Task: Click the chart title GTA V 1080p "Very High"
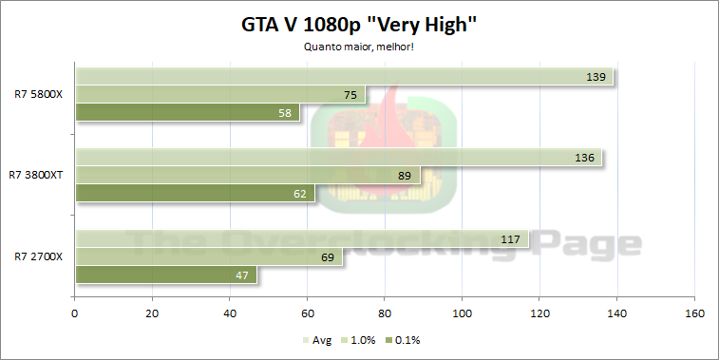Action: pyautogui.click(x=359, y=26)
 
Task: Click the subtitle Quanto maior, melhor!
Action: pyautogui.click(x=359, y=48)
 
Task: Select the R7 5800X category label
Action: pyautogui.click(x=38, y=94)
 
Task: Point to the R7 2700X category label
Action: pyautogui.click(x=38, y=256)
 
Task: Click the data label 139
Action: pyautogui.click(x=597, y=77)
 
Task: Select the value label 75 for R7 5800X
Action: pyautogui.click(x=350, y=95)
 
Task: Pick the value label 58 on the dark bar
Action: pyautogui.click(x=283, y=113)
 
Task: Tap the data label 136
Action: pyautogui.click(x=586, y=158)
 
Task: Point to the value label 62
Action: pyautogui.click(x=299, y=194)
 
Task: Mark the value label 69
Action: pyautogui.click(x=326, y=257)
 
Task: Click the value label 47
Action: pyautogui.click(x=240, y=275)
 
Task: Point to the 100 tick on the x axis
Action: pyautogui.click(x=462, y=313)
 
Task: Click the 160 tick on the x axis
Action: pyautogui.click(x=694, y=313)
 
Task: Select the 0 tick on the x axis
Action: pyautogui.click(x=74, y=313)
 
